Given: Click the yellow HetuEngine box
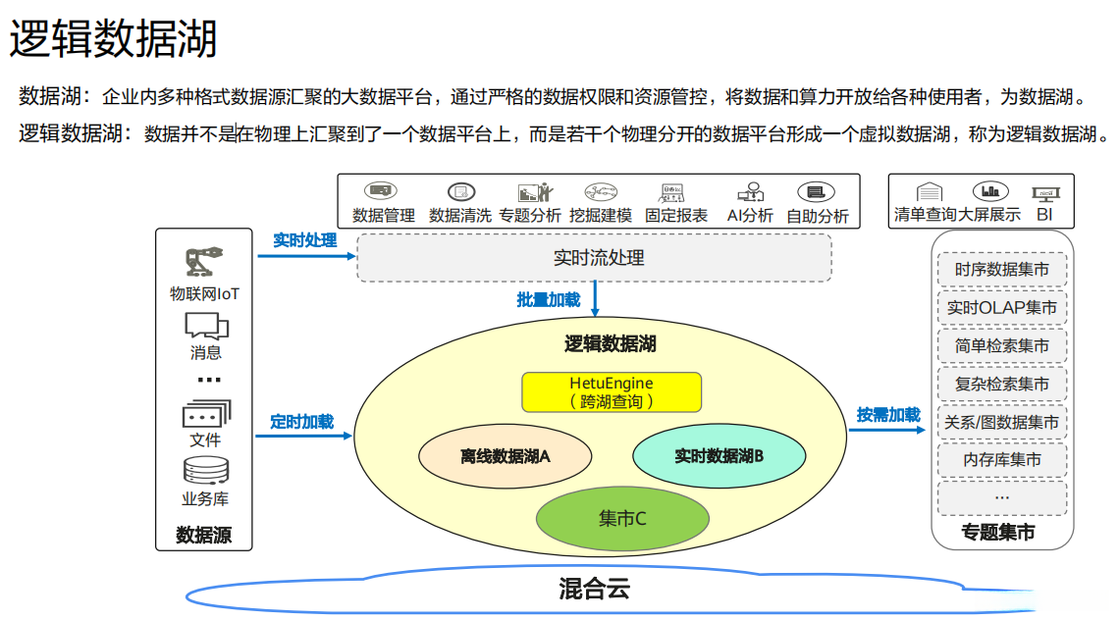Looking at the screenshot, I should click(612, 391).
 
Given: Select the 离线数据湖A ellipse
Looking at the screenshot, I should click(506, 456).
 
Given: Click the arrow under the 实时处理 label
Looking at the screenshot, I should click(305, 257).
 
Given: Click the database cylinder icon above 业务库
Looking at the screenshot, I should click(205, 472).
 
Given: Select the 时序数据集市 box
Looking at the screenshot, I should click(1001, 270).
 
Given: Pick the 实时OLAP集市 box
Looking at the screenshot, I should click(1001, 308).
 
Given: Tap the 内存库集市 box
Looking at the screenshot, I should click(1001, 460).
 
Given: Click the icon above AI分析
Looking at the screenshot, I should click(750, 192).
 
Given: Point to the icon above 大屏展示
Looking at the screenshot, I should click(989, 191).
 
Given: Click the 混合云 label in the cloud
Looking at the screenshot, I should click(593, 589).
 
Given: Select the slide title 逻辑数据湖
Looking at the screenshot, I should click(113, 40).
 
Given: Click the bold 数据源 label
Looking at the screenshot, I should click(204, 536).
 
